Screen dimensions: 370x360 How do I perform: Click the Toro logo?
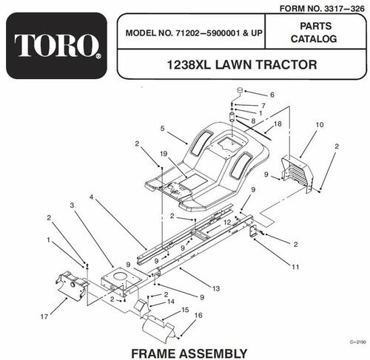tap(56, 46)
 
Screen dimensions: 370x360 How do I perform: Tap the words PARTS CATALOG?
tap(314, 33)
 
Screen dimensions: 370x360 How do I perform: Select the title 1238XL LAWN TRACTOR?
tap(242, 64)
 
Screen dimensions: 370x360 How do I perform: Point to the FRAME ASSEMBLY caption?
tap(189, 353)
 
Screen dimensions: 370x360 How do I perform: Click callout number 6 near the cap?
tap(272, 95)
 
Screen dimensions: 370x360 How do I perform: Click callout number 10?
tap(320, 125)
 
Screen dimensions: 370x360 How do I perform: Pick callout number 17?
tap(44, 316)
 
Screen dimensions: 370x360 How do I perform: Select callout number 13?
tap(216, 288)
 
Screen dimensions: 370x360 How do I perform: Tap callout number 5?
tap(162, 129)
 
